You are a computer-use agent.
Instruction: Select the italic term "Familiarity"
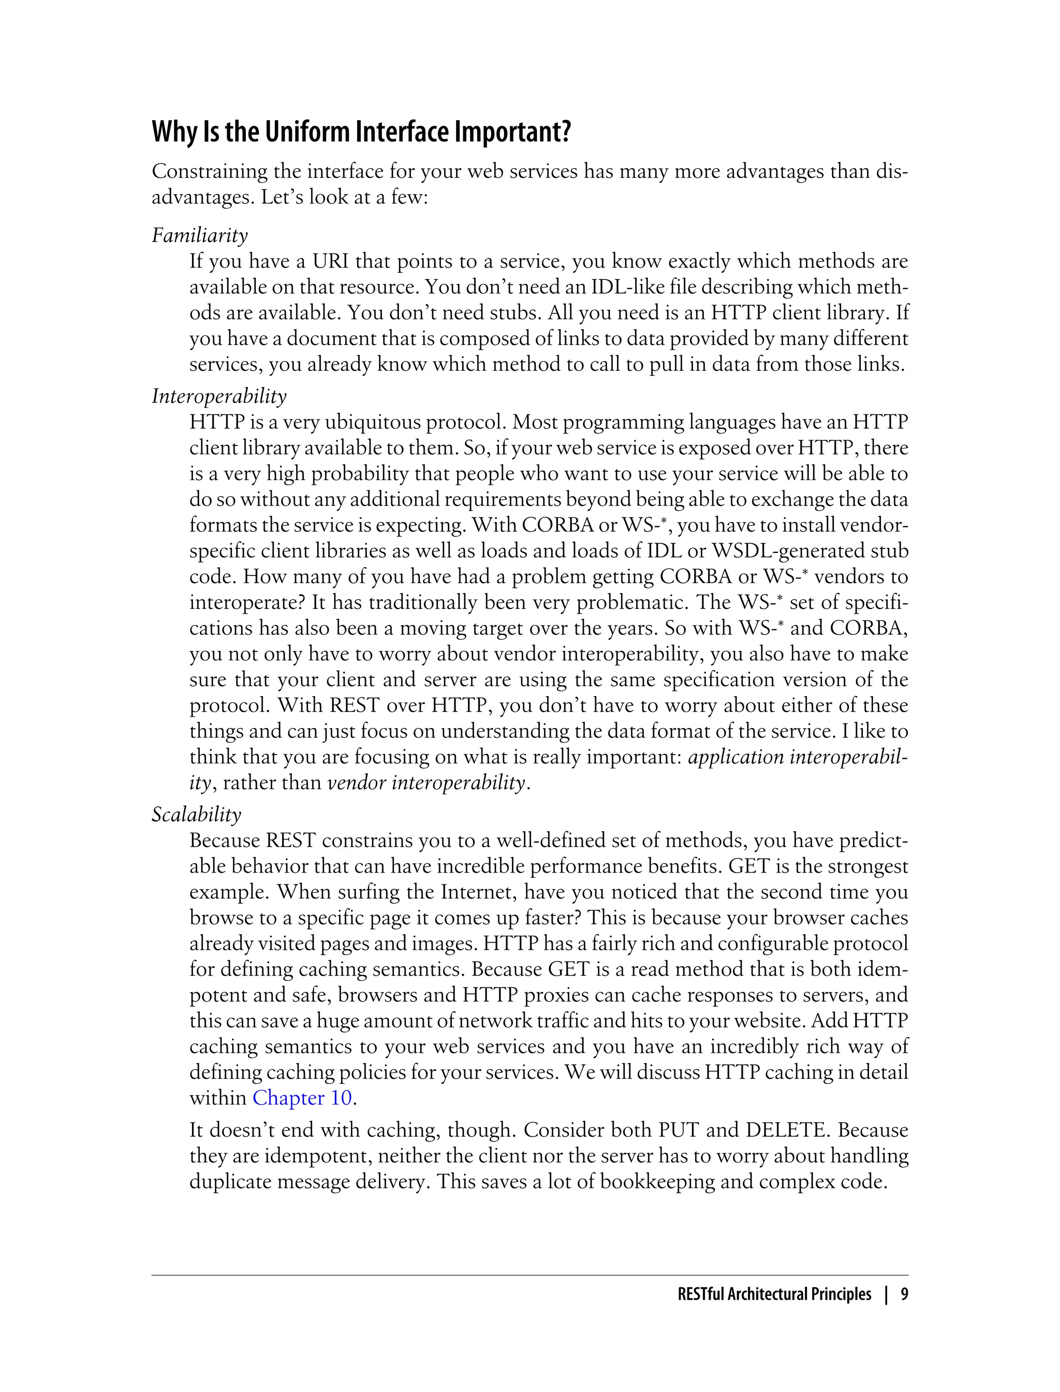tap(199, 236)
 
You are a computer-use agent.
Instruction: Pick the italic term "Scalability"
tap(196, 815)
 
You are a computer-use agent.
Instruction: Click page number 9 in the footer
tap(904, 1294)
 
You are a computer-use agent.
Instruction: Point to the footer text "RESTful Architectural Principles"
tap(774, 1294)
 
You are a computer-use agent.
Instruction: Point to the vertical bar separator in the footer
tap(886, 1294)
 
